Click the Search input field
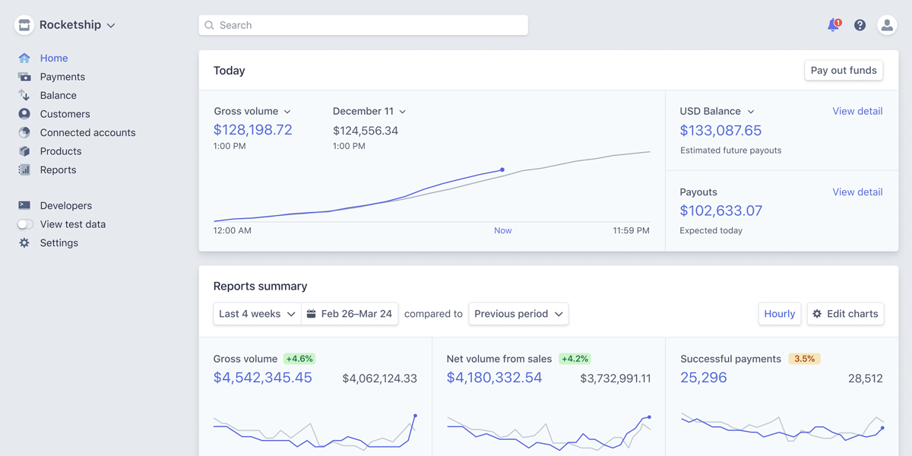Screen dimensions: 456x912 (x=363, y=25)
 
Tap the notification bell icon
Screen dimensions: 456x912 (x=834, y=25)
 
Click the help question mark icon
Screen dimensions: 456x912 (x=860, y=25)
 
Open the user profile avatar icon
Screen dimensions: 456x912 (x=887, y=25)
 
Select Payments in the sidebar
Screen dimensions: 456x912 (x=62, y=77)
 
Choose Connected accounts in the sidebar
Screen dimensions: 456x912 (x=87, y=132)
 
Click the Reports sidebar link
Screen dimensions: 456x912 (x=58, y=169)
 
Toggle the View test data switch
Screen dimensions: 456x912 (x=26, y=224)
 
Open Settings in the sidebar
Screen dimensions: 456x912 (x=59, y=243)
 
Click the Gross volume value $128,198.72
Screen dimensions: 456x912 (x=253, y=130)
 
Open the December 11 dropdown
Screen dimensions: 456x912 (x=369, y=112)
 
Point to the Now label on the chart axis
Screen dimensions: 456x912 (x=502, y=230)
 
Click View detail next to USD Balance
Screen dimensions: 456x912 (x=857, y=111)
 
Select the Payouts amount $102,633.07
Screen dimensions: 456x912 (x=720, y=211)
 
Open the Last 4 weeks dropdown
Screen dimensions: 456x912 (x=257, y=314)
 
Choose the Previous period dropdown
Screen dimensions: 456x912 (x=518, y=314)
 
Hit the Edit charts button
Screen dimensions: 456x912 (x=845, y=314)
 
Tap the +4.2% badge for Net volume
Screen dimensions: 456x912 (x=574, y=359)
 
